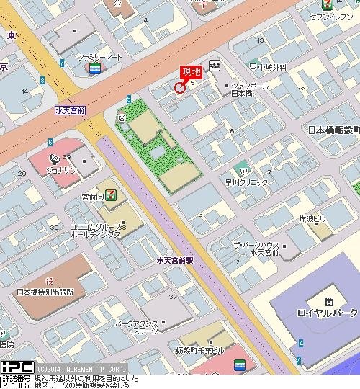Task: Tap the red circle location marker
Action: [179, 88]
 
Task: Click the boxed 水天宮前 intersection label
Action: [70, 111]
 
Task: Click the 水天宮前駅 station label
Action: [175, 259]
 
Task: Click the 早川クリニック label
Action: [247, 183]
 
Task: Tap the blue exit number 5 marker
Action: [129, 99]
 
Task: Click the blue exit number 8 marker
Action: [62, 63]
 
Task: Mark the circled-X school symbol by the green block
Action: [122, 117]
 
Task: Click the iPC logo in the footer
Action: [17, 367]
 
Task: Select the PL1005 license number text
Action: [15, 385]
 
